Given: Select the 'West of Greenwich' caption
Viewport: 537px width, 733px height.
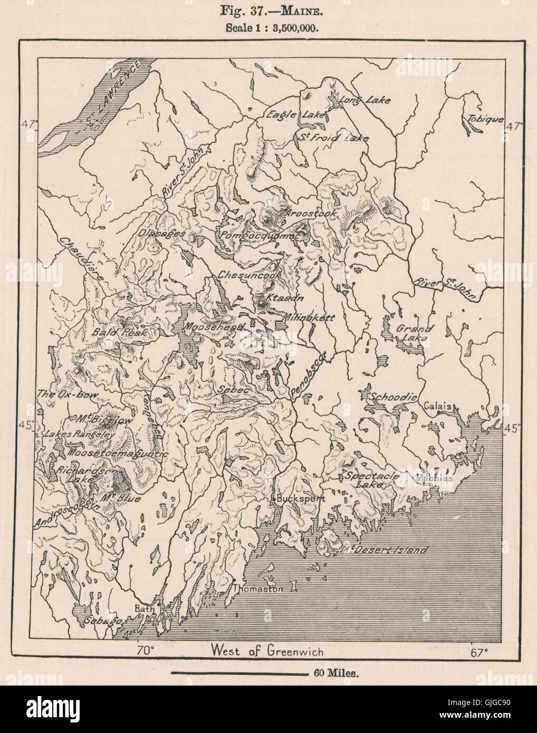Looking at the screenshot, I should (x=267, y=650).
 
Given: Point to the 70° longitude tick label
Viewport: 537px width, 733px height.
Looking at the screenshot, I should (x=146, y=651).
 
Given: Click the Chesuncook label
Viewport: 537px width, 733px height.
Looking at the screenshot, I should (x=244, y=276).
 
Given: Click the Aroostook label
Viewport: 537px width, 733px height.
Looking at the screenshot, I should (x=306, y=214).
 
